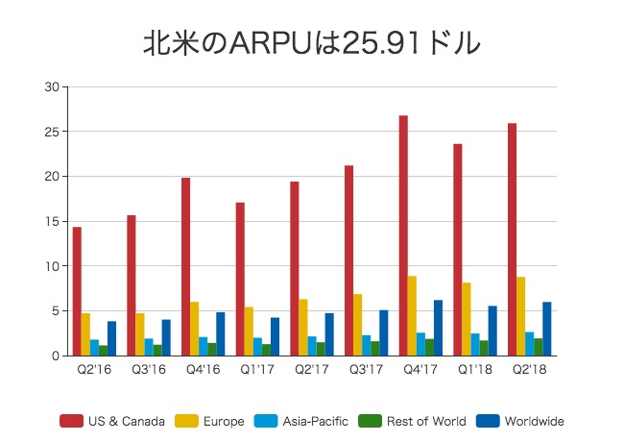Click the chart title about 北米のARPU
pos(311,42)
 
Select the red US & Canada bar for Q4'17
pos(403,235)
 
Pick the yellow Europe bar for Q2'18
pos(520,316)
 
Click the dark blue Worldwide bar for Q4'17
pos(439,328)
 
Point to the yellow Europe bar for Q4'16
pos(194,329)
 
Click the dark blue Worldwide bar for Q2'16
pos(111,338)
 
